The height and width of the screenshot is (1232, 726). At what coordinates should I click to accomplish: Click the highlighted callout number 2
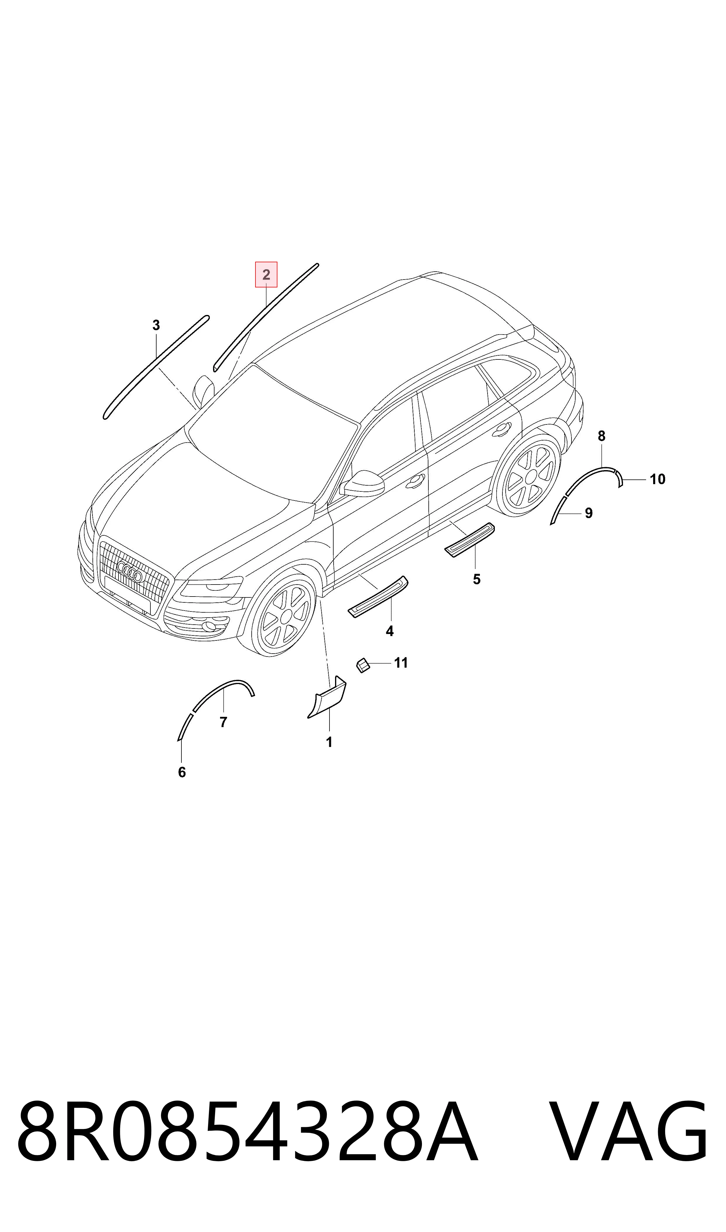click(x=266, y=275)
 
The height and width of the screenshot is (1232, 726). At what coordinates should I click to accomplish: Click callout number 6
click(x=182, y=772)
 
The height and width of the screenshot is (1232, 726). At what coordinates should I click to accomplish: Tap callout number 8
click(x=602, y=436)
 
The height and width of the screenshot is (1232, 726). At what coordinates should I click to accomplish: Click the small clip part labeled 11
click(x=363, y=665)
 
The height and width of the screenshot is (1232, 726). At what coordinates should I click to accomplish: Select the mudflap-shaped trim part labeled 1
click(x=327, y=698)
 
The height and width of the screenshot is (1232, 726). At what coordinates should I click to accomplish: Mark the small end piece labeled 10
click(x=619, y=479)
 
